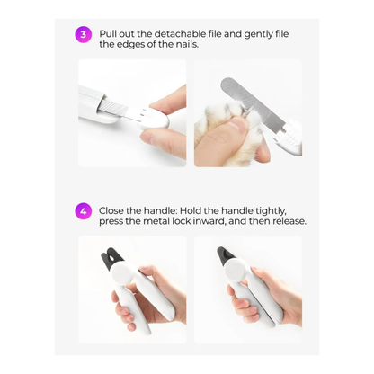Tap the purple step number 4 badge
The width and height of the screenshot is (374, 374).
(83, 212)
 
